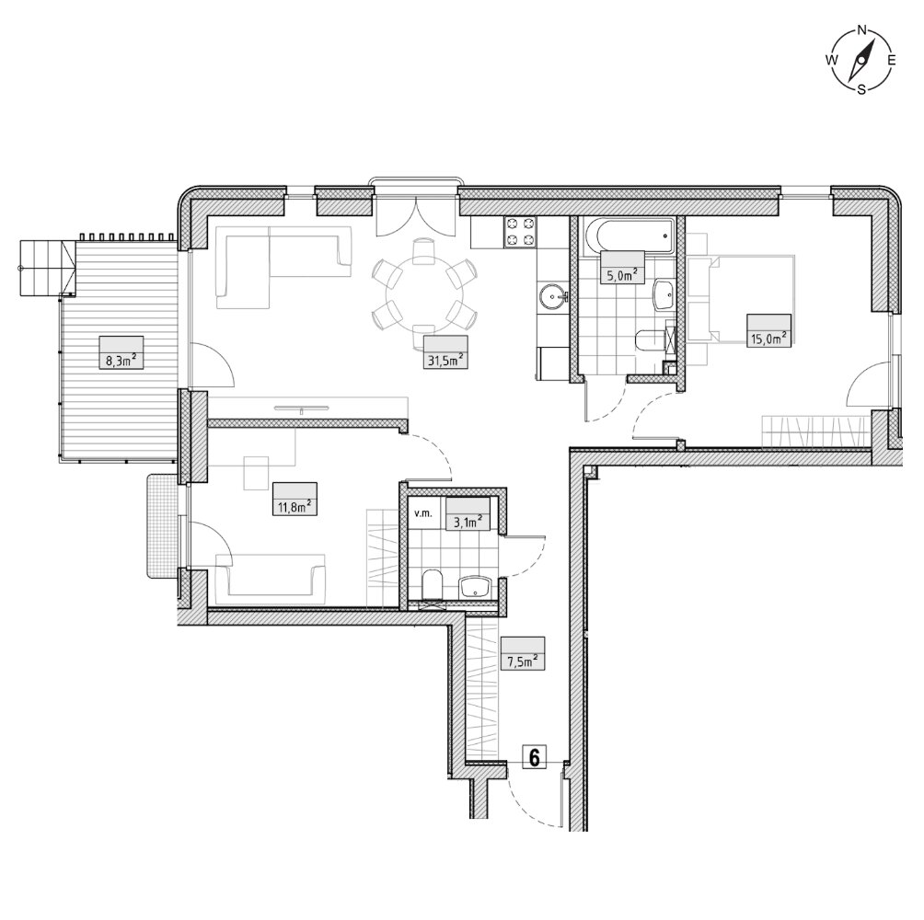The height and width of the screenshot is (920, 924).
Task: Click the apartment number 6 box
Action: [535, 757]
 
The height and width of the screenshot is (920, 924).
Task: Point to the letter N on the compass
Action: [861, 30]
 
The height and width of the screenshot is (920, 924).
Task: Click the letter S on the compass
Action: [861, 90]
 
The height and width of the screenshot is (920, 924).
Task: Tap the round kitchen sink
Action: [552, 293]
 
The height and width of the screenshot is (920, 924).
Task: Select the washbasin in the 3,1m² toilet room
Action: [476, 587]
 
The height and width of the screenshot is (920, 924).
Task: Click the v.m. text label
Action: [423, 513]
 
